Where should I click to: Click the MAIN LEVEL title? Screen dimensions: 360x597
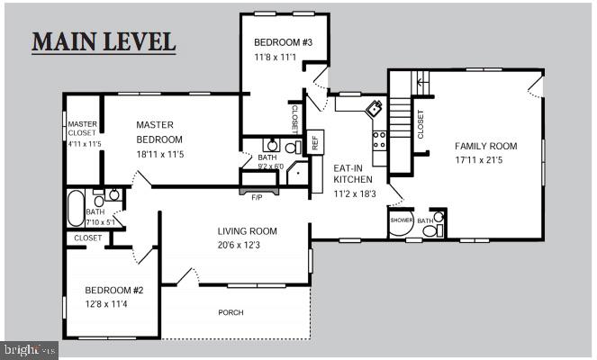pos(104,41)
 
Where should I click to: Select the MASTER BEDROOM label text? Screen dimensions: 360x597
pos(159,132)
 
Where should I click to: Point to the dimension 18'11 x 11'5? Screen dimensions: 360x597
pos(159,155)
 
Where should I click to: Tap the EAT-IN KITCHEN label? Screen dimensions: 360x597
pos(353,174)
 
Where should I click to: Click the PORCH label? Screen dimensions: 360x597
pos(231,313)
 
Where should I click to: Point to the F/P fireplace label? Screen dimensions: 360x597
pos(256,196)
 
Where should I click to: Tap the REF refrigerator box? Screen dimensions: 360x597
pos(315,142)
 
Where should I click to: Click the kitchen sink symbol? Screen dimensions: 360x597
pos(373,110)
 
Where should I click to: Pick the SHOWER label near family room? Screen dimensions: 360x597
pos(402,219)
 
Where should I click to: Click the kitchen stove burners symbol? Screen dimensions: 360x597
pos(380,139)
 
